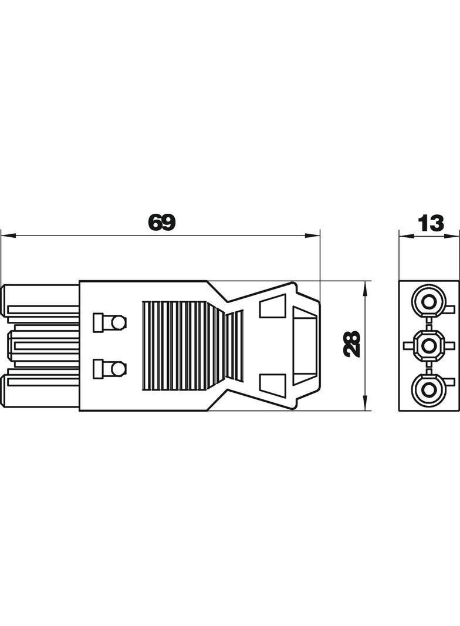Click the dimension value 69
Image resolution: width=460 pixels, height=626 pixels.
tap(161, 223)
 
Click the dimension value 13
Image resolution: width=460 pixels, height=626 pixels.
tap(430, 223)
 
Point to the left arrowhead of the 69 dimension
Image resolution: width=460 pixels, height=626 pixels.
tap(6, 237)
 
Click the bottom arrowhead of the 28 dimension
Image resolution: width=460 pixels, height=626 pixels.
tap(366, 405)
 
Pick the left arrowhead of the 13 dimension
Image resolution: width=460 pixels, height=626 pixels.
tap(404, 237)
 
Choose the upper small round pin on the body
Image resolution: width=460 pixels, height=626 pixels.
tap(119, 322)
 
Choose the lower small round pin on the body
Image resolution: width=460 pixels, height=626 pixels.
tap(119, 369)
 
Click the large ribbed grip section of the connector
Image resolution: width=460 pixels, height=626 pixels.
tap(182, 346)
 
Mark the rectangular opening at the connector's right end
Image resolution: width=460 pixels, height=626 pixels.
tap(305, 345)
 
